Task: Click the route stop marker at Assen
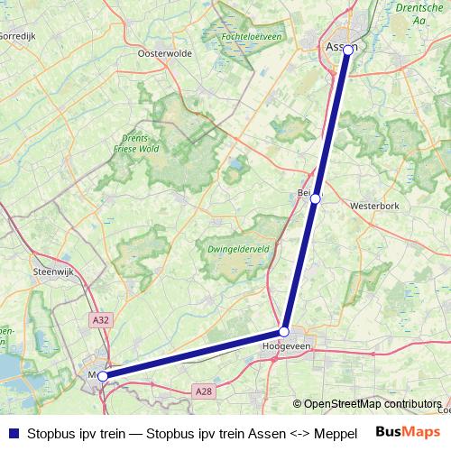click(348, 50)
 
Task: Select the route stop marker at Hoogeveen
click(284, 332)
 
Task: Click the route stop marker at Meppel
click(103, 375)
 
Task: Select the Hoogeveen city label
click(285, 345)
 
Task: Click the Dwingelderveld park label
click(234, 250)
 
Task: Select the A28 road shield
click(205, 391)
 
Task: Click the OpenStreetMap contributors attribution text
click(373, 404)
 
